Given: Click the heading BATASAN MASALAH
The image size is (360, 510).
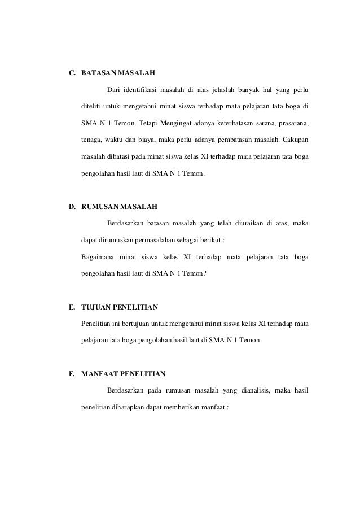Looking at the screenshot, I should coord(118,73).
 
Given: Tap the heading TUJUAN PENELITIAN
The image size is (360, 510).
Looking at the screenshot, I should coord(120,308).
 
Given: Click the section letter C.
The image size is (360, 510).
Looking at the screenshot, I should coord(72,73).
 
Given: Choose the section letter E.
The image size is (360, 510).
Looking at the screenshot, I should coord(72,308).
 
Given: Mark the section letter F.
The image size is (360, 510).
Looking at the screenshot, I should coord(72,374).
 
